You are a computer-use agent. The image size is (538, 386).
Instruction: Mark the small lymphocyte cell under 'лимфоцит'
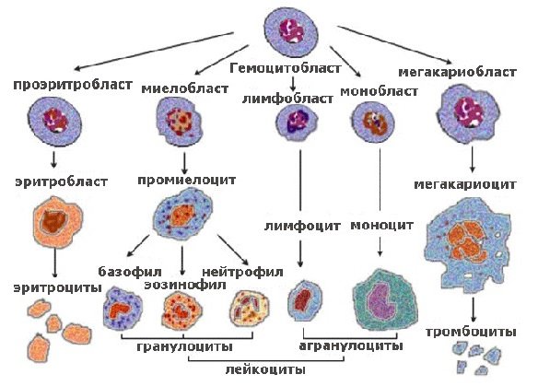pos(301,300)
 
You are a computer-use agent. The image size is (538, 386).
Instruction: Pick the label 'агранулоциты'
pos(351,346)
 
